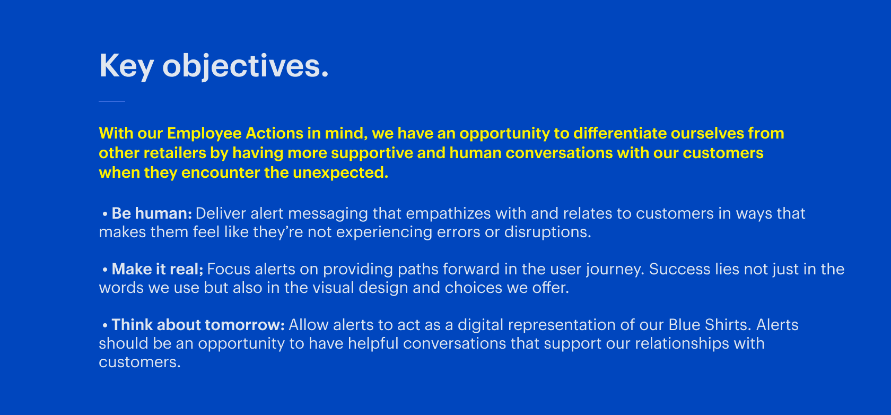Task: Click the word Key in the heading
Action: tap(126, 66)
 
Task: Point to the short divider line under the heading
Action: tap(112, 101)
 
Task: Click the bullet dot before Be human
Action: tap(105, 214)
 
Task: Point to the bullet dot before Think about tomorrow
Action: tap(105, 325)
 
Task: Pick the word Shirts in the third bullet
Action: tap(726, 325)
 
